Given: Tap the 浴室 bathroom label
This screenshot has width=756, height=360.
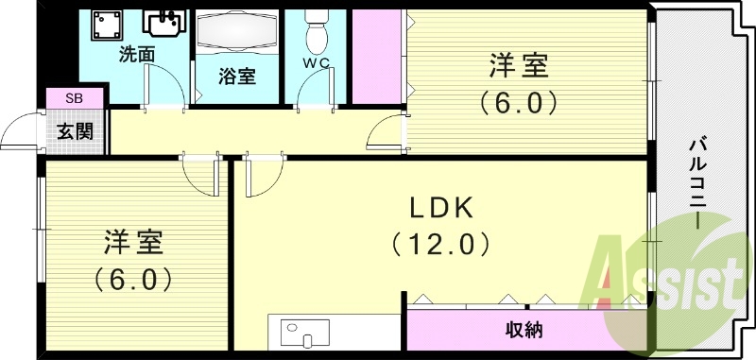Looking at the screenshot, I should (x=237, y=77).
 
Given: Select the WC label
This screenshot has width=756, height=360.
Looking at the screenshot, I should (x=316, y=62).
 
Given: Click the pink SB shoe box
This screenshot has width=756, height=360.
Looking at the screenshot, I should (x=74, y=97).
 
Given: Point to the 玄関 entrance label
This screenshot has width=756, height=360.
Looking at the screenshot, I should (x=74, y=130).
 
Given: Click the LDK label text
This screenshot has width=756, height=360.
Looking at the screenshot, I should (x=440, y=208).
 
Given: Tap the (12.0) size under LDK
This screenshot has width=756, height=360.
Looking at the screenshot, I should (x=441, y=245).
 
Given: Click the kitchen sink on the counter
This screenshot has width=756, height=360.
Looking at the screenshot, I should (x=305, y=335).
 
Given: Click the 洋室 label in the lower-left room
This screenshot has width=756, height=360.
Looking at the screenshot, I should (x=133, y=243).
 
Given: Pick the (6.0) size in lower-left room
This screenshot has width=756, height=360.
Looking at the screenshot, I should (x=132, y=279).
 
